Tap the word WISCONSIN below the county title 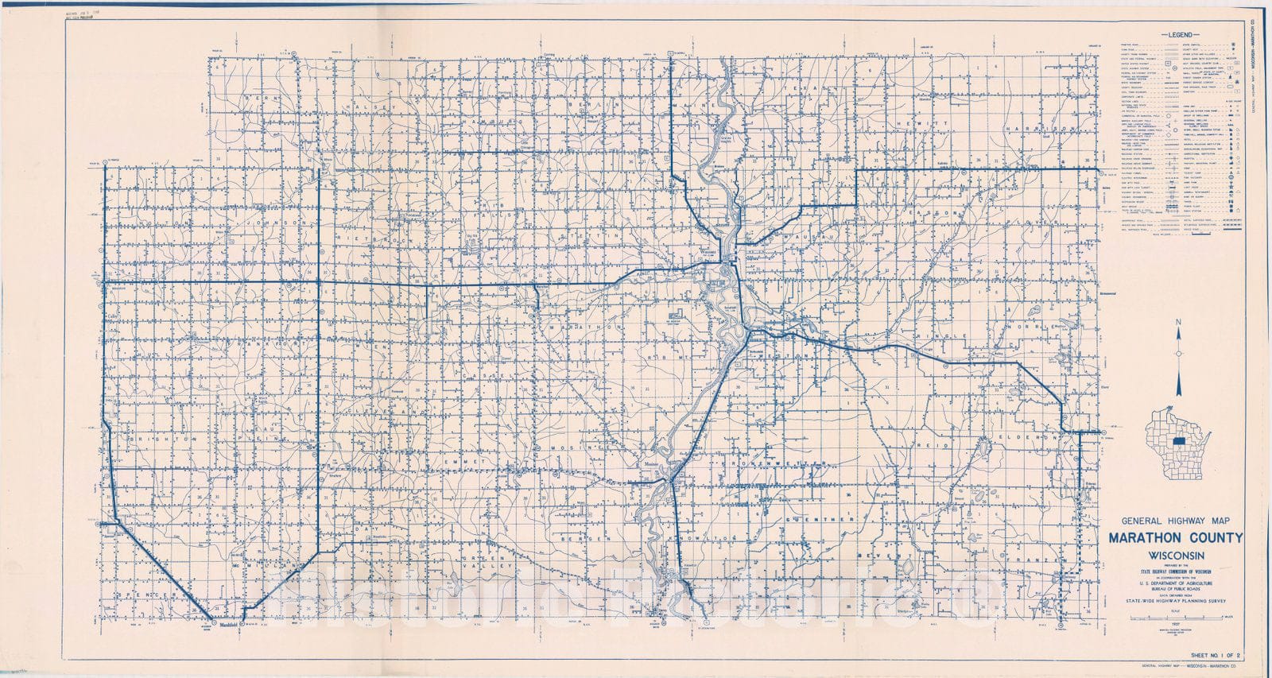[1175, 555]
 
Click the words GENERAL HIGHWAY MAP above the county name [1174, 520]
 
